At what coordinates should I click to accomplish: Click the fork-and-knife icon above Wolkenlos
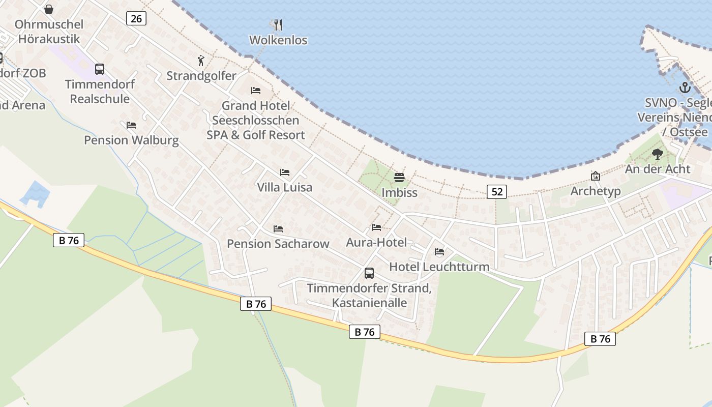(278, 24)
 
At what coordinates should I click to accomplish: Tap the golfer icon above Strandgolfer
(201, 61)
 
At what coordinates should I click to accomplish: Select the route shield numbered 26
(136, 19)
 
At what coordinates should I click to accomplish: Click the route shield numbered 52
(497, 191)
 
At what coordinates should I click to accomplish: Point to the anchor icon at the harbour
(685, 88)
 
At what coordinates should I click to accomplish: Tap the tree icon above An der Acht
(658, 154)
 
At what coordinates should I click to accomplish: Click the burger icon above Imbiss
(399, 178)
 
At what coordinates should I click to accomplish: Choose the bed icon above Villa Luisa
(284, 172)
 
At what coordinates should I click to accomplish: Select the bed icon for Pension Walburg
(131, 125)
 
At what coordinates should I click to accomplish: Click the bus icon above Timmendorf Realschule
(100, 69)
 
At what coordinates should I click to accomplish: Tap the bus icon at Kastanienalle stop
(369, 273)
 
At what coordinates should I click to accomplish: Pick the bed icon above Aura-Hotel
(376, 227)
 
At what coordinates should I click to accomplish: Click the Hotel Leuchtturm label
(439, 267)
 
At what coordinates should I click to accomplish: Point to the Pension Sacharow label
(278, 244)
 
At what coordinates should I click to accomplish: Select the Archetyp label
(596, 191)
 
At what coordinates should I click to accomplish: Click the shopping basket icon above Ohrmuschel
(49, 9)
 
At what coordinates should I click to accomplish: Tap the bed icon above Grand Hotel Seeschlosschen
(256, 91)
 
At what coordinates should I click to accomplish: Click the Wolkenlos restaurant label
(278, 40)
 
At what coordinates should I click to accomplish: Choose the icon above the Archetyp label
(595, 176)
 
